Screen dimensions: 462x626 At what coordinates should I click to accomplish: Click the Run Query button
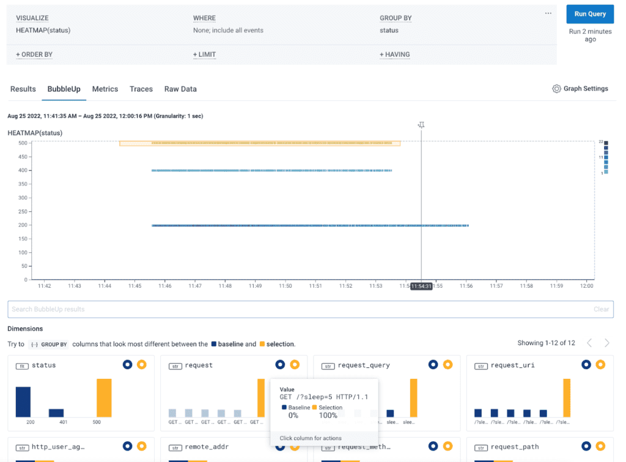pos(590,14)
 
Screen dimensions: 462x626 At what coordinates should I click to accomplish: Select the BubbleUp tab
pos(64,89)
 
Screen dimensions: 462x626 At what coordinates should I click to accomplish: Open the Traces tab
pos(141,89)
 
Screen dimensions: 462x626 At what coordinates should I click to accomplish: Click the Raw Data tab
pos(180,89)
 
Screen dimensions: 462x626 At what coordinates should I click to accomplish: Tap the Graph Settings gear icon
pos(556,89)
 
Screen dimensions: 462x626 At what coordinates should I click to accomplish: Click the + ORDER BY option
pos(34,55)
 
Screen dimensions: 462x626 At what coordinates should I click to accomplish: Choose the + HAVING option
pos(394,55)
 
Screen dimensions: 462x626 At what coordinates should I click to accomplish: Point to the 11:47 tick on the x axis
pos(195,286)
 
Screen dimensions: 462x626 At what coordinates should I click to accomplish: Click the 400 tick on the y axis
pos(23,170)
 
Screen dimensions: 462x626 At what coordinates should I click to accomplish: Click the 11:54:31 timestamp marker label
pos(421,286)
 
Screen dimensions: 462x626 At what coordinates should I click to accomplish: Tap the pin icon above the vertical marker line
pos(421,125)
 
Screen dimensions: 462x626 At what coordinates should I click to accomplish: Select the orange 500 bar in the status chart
pos(104,397)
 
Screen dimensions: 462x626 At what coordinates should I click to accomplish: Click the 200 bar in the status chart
pos(23,402)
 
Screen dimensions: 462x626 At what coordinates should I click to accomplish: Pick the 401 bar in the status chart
pos(56,413)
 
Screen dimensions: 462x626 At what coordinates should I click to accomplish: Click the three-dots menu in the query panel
pos(548,13)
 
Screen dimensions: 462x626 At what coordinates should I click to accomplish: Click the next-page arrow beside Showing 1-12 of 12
pos(607,343)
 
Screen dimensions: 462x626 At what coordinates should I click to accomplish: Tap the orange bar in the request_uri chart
pos(567,397)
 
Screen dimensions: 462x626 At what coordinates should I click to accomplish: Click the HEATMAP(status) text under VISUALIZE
pos(43,31)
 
